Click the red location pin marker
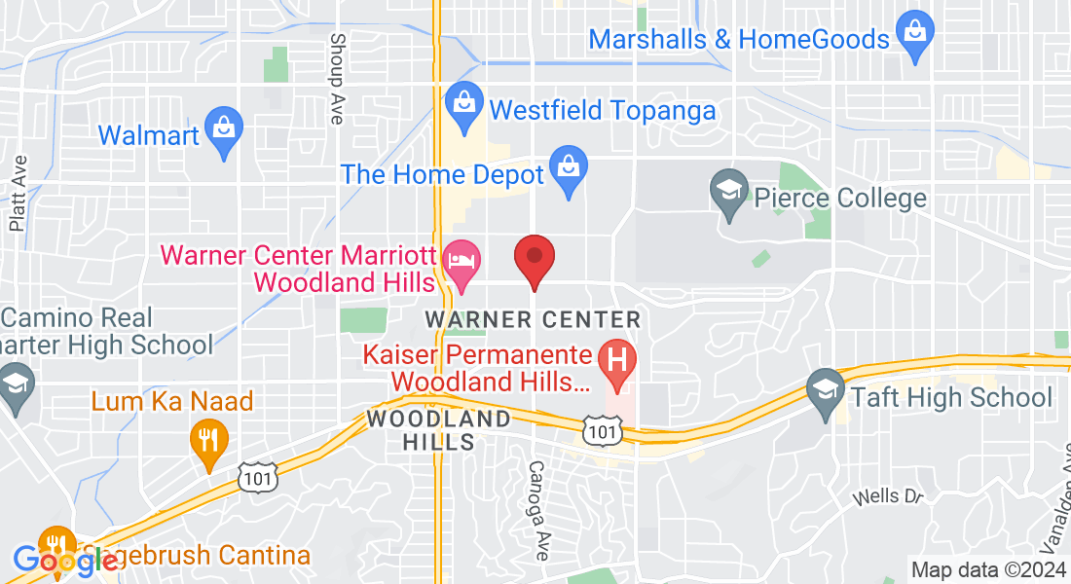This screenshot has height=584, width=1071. tap(534, 258)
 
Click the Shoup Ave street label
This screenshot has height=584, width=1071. tap(337, 79)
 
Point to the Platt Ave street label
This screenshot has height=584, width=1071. tap(17, 195)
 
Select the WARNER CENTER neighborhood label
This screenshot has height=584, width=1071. tap(534, 319)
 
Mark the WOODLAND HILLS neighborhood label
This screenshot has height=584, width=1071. tap(438, 430)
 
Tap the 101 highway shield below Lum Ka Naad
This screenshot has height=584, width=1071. tap(258, 477)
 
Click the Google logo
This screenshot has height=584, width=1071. tap(58, 559)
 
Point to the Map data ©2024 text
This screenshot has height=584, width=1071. tap(987, 569)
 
